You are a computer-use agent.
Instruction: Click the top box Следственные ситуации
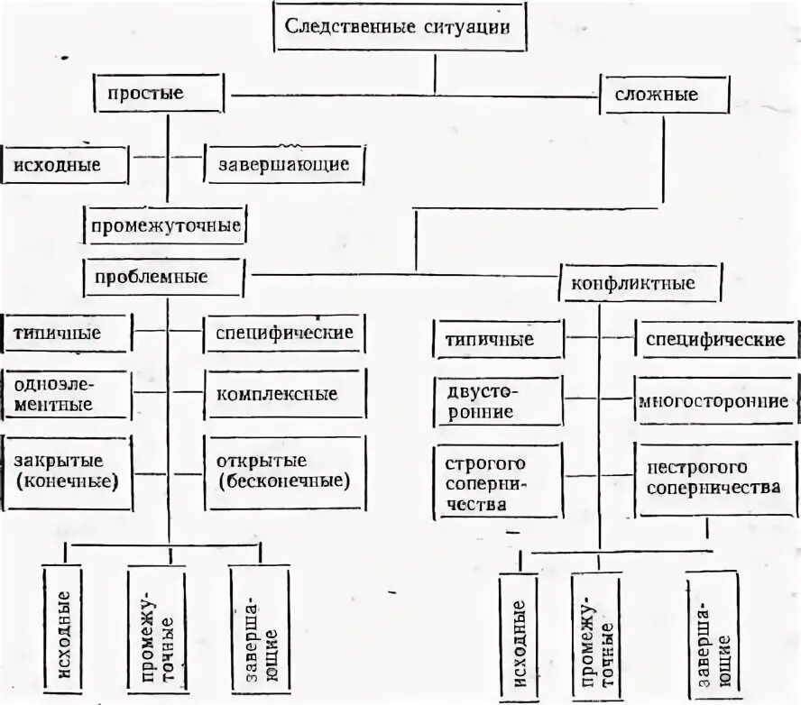pyautogui.click(x=398, y=27)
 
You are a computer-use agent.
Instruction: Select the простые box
pyautogui.click(x=159, y=93)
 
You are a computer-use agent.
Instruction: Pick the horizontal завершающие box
pyautogui.click(x=283, y=166)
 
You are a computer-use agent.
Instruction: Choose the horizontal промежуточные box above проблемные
pyautogui.click(x=165, y=225)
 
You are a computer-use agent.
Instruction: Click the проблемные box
pyautogui.click(x=162, y=277)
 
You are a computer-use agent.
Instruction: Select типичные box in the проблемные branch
pyautogui.click(x=69, y=333)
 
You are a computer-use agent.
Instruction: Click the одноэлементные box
pyautogui.click(x=68, y=394)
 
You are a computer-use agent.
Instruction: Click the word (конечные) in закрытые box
pyautogui.click(x=69, y=481)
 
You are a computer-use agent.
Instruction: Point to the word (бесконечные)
pyautogui.click(x=283, y=481)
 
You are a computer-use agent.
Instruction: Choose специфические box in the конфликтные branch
pyautogui.click(x=714, y=340)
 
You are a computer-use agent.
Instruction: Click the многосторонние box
pyautogui.click(x=714, y=402)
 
